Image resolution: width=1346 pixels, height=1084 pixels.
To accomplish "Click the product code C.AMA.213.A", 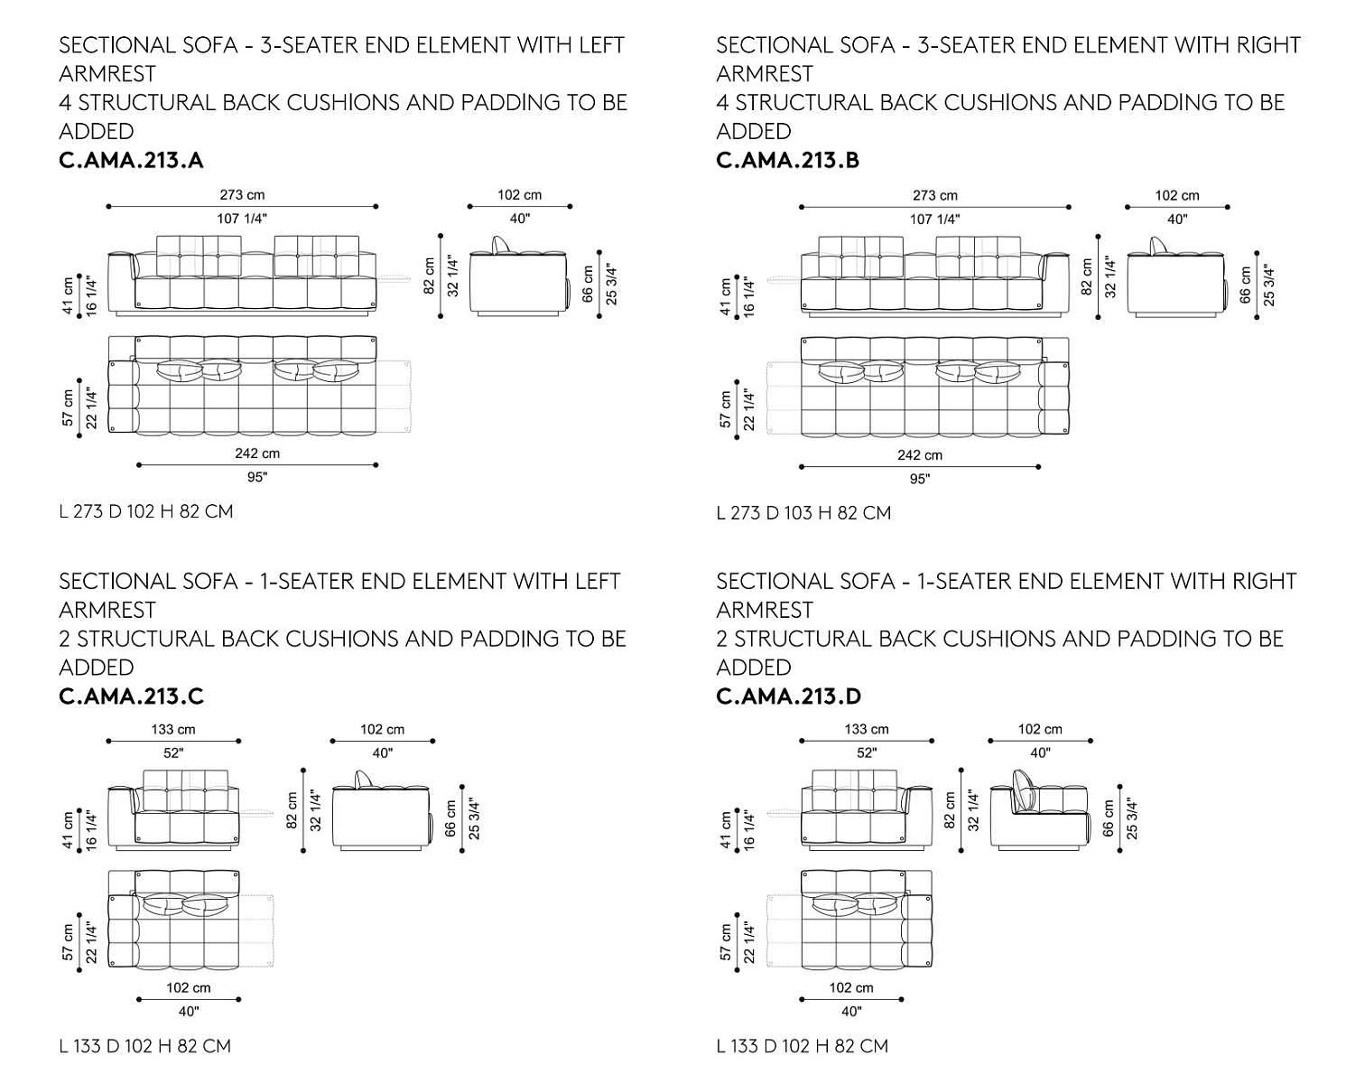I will (x=131, y=160).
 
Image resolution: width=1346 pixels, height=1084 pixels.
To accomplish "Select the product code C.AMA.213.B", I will (x=788, y=160).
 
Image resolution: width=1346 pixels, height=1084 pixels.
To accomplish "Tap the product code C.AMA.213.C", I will (x=131, y=696).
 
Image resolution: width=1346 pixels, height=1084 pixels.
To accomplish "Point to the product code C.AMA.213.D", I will (x=788, y=696).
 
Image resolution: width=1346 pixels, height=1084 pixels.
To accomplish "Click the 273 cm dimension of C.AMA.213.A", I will (x=242, y=194).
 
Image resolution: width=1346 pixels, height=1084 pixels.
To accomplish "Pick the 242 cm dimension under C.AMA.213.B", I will (x=919, y=455).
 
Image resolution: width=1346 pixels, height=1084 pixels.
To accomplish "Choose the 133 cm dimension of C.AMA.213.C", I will (x=173, y=729).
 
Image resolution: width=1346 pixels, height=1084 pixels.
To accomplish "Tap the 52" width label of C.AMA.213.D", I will (x=867, y=752).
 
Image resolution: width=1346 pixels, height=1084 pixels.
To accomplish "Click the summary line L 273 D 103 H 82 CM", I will (x=803, y=513).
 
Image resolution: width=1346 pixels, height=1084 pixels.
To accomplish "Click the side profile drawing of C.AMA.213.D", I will (x=1038, y=809).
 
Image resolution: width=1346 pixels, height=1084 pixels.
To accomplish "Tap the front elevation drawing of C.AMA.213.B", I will (x=934, y=276).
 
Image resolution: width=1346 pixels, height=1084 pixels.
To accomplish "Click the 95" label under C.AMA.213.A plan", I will (x=257, y=477).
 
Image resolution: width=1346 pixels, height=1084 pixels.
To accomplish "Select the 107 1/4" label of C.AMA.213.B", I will (x=934, y=219).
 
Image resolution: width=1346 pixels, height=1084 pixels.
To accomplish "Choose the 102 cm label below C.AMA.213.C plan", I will (x=189, y=987).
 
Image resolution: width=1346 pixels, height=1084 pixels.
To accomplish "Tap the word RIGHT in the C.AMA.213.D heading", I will (x=1265, y=581).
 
